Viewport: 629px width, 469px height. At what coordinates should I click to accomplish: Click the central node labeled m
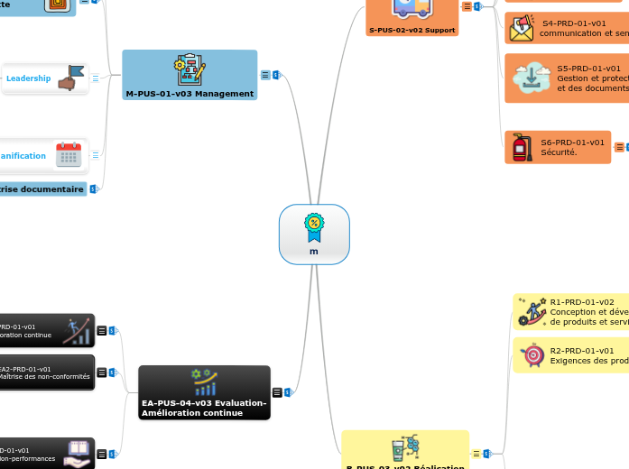coord(314,251)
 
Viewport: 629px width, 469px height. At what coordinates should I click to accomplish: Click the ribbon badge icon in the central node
coord(314,227)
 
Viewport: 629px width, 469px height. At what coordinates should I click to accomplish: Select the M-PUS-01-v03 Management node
coord(190,93)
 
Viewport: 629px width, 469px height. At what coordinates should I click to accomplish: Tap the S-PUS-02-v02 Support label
coord(411,30)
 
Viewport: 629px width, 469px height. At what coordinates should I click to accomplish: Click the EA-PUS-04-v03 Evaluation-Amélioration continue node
coord(204,408)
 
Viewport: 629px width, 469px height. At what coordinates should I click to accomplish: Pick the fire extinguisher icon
coord(521,147)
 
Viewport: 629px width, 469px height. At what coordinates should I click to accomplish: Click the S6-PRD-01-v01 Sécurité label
coord(572,147)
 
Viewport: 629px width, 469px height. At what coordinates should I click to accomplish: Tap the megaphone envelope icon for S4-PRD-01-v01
coord(522,29)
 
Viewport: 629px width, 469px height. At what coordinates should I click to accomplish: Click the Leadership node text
coord(29,78)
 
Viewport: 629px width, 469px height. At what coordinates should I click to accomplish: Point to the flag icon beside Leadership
coord(70,78)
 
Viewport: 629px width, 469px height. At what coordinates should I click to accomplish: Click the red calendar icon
coord(69,154)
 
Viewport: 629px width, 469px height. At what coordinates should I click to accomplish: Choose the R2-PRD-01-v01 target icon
coord(532,355)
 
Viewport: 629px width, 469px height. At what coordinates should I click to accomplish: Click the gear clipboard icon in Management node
coord(190,69)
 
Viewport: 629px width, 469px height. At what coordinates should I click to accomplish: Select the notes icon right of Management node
coord(265,76)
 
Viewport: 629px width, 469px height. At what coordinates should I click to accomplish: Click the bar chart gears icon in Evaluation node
coord(204,382)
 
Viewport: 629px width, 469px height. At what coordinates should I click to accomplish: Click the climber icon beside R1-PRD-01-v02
coord(532,312)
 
